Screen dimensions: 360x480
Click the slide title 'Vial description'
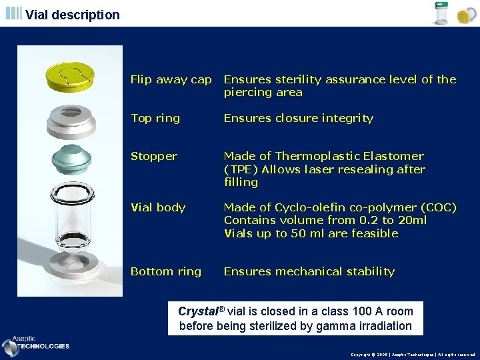73,15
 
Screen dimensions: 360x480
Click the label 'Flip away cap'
171,79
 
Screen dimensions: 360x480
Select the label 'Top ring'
155,118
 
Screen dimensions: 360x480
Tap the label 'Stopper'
153,156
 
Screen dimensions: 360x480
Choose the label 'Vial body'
157,207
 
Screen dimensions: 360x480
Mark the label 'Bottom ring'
165,271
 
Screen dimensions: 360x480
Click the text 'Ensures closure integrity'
298,118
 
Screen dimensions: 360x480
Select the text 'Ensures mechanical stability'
309,271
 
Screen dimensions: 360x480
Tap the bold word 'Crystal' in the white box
198,311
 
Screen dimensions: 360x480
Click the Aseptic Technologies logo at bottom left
37,344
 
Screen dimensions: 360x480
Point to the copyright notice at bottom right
413,355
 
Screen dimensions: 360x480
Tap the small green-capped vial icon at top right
441,13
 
